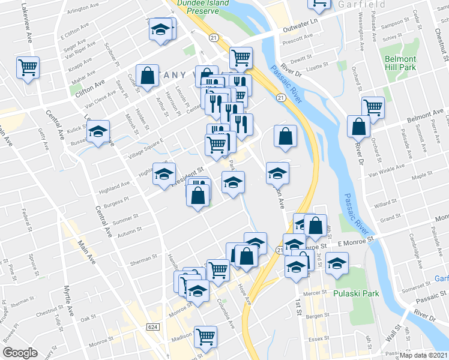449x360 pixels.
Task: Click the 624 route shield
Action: point(154,325)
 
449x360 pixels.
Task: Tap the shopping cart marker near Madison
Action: point(206,336)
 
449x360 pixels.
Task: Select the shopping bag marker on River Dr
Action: point(358,127)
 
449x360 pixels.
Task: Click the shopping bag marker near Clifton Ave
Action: point(147,75)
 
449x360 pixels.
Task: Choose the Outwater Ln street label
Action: point(301,26)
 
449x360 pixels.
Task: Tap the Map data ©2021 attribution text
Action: point(423,355)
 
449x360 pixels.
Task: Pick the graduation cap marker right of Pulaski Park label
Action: point(337,263)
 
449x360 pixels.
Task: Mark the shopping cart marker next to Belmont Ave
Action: point(373,107)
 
